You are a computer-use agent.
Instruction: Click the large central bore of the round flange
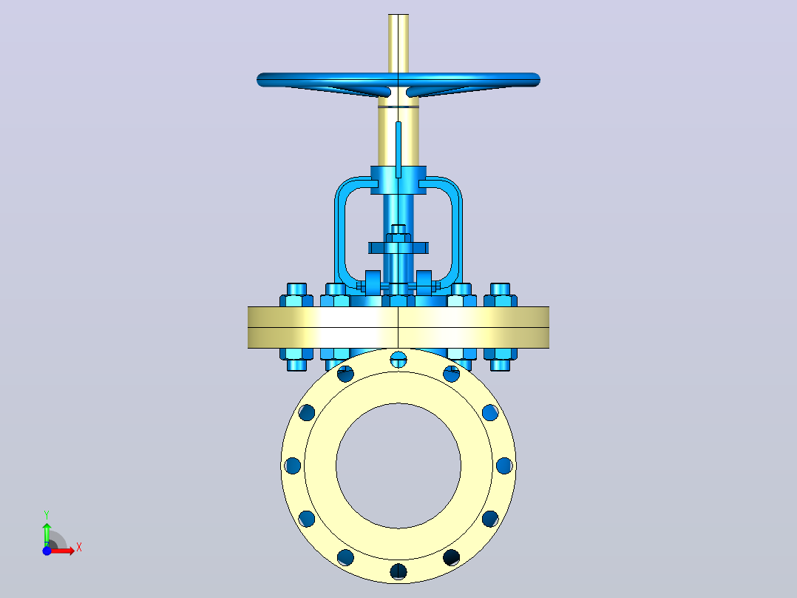[x=398, y=466]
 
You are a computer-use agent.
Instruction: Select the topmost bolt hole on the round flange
[x=398, y=359]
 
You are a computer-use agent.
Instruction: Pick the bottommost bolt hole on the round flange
[x=398, y=571]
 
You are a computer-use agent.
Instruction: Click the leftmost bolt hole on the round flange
[x=293, y=466]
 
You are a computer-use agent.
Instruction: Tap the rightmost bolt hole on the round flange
[x=504, y=466]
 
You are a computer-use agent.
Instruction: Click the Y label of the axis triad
[x=47, y=514]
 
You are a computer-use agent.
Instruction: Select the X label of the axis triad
[x=79, y=548]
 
